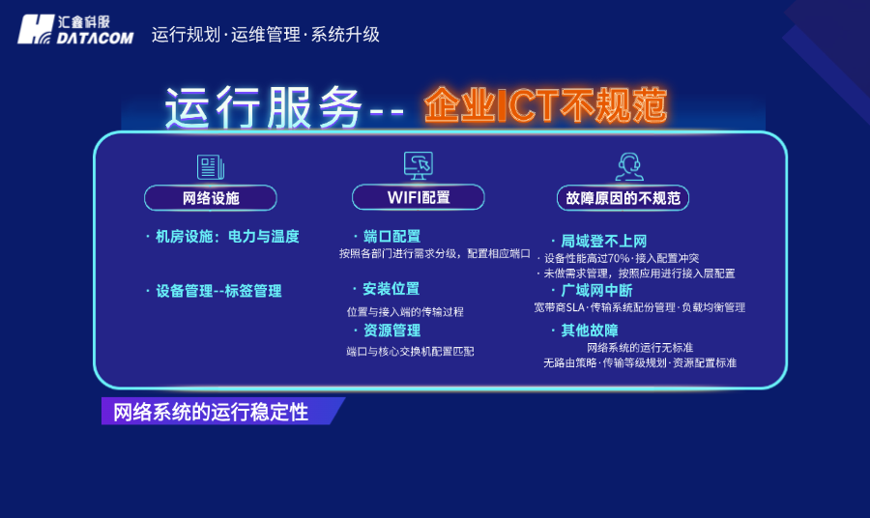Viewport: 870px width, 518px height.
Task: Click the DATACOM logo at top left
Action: (x=75, y=29)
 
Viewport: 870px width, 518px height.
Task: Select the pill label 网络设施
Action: (x=211, y=198)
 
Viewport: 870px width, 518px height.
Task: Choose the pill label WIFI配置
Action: (x=418, y=198)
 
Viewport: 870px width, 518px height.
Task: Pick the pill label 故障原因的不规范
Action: (x=623, y=199)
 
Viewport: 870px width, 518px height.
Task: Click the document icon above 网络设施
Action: (x=210, y=167)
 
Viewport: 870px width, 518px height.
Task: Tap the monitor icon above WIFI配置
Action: (x=418, y=165)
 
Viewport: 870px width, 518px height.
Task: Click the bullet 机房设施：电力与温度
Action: (x=227, y=236)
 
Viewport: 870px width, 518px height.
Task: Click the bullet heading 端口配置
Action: (x=391, y=236)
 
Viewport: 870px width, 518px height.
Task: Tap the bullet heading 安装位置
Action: (x=391, y=289)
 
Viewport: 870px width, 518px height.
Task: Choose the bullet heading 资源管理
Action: (x=391, y=331)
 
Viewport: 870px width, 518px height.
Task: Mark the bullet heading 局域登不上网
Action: (x=603, y=241)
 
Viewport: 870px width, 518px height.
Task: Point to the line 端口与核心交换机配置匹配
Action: (x=410, y=352)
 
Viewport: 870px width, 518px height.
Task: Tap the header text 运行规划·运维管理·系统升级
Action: (x=265, y=35)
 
